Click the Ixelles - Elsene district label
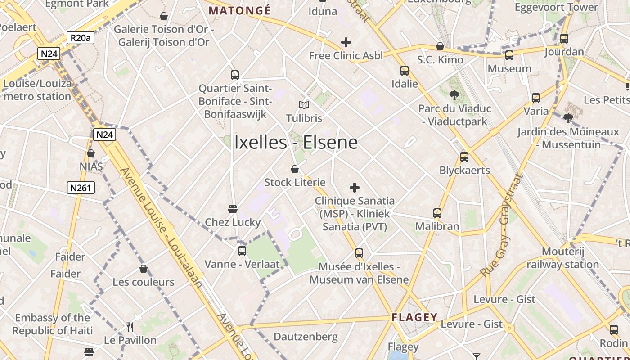click(296, 143)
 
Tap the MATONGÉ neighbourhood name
click(240, 10)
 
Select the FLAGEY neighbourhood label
click(414, 317)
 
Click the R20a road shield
click(81, 38)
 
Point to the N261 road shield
click(81, 188)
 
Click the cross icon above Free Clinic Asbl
click(346, 42)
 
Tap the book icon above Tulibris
click(304, 105)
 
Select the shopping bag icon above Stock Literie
click(294, 169)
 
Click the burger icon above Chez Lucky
click(233, 209)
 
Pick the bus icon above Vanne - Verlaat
click(242, 251)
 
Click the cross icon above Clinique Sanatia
click(355, 187)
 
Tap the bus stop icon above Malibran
click(437, 213)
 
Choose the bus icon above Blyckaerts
click(464, 157)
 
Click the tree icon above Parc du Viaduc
click(454, 95)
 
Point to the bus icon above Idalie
click(404, 71)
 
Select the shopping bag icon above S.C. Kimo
click(440, 46)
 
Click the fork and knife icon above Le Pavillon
click(130, 327)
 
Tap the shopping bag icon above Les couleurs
click(143, 269)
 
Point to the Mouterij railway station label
click(562, 258)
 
